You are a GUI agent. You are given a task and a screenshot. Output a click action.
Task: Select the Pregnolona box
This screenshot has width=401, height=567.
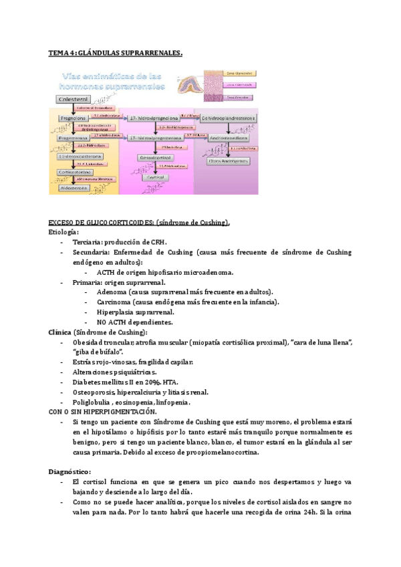coord(73,117)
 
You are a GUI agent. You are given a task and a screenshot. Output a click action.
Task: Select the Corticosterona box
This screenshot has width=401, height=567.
coord(75,171)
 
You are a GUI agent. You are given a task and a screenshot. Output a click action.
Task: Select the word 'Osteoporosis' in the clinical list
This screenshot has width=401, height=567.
coord(94,392)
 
